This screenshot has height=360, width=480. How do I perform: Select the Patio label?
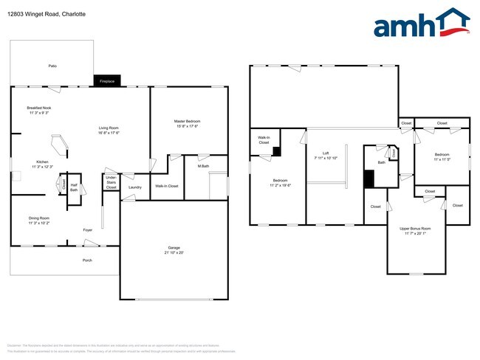pyautogui.click(x=52, y=66)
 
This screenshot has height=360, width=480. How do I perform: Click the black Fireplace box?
pyautogui.click(x=103, y=81)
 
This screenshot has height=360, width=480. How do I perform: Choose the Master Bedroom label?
pyautogui.click(x=187, y=121)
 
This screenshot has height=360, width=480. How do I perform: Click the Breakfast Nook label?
pyautogui.click(x=39, y=108)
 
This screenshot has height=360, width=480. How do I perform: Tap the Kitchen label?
pyautogui.click(x=42, y=162)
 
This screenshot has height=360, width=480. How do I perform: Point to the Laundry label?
pyautogui.click(x=134, y=187)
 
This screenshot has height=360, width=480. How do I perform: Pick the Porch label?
pyautogui.click(x=87, y=260)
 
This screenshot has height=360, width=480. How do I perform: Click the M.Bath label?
pyautogui.click(x=203, y=166)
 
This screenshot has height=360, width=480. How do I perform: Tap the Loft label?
pyautogui.click(x=325, y=153)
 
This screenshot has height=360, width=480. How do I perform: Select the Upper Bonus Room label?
pyautogui.click(x=415, y=229)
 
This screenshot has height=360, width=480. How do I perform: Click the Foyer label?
pyautogui.click(x=87, y=229)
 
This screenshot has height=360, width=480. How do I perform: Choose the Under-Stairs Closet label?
pyautogui.click(x=111, y=183)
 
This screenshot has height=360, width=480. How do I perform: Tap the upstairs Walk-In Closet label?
pyautogui.click(x=264, y=139)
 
